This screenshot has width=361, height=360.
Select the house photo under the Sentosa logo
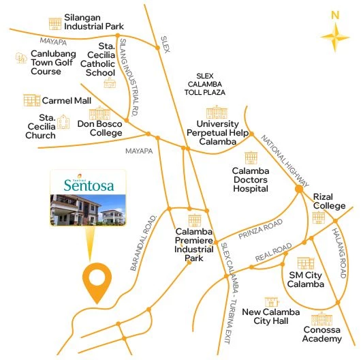point(87,210)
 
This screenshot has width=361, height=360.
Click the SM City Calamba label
point(306,280)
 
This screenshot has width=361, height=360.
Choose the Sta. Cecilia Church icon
point(63,122)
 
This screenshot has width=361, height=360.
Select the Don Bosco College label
point(99,128)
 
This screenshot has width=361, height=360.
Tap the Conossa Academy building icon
point(321,318)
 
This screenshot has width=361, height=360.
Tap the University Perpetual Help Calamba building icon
point(215,112)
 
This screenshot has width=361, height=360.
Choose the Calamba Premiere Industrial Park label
point(194,244)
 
